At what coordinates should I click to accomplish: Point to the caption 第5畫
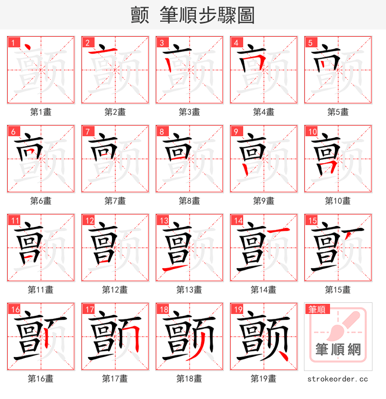point(338,112)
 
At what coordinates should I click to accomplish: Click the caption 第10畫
point(338,201)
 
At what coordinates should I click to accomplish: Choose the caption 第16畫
point(41,379)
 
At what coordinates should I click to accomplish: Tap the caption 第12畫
point(115,290)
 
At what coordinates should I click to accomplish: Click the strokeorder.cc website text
point(338,379)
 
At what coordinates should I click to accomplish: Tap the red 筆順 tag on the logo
point(317,310)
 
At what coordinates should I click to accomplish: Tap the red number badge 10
point(312,131)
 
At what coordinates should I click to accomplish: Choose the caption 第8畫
point(189,201)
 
